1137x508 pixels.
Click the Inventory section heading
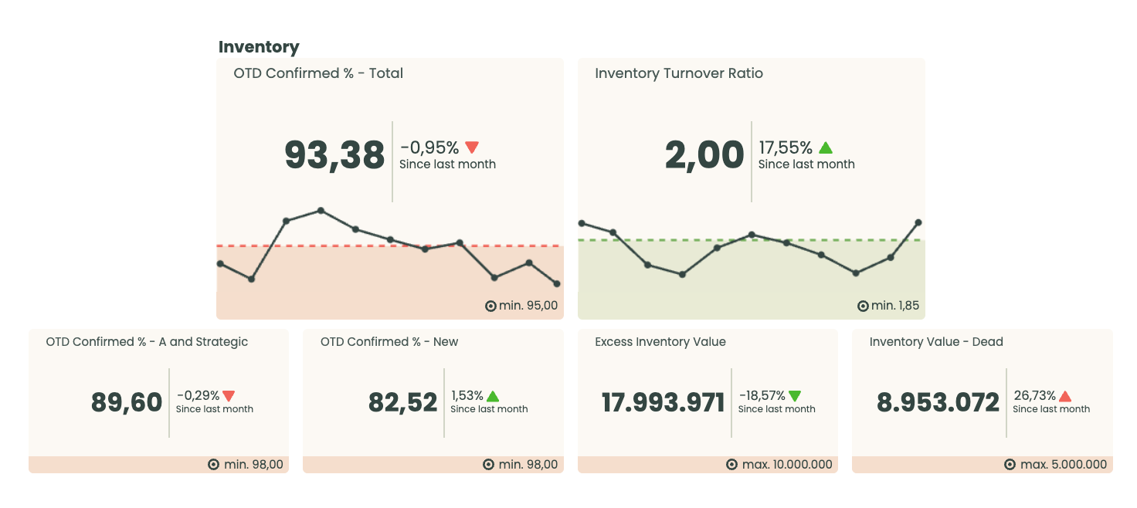(x=259, y=47)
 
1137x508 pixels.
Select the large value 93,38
(x=334, y=155)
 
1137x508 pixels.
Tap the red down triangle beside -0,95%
(x=472, y=147)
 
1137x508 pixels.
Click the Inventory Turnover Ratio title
(x=678, y=73)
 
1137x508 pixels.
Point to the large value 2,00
(x=704, y=155)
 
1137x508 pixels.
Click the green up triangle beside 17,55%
(x=826, y=147)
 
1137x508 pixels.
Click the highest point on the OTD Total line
(x=321, y=210)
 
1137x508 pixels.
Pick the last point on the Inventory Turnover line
(x=918, y=222)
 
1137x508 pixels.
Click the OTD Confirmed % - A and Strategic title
(x=147, y=342)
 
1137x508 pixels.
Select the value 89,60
(x=127, y=402)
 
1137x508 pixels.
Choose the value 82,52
(x=402, y=402)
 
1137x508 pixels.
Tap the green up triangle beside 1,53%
(x=493, y=396)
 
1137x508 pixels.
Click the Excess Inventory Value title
(x=660, y=342)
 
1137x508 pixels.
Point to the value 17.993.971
(x=663, y=402)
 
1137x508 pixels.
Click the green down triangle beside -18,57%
(x=795, y=396)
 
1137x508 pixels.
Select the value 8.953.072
(x=938, y=402)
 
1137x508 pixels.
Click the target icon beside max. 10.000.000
(x=731, y=465)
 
